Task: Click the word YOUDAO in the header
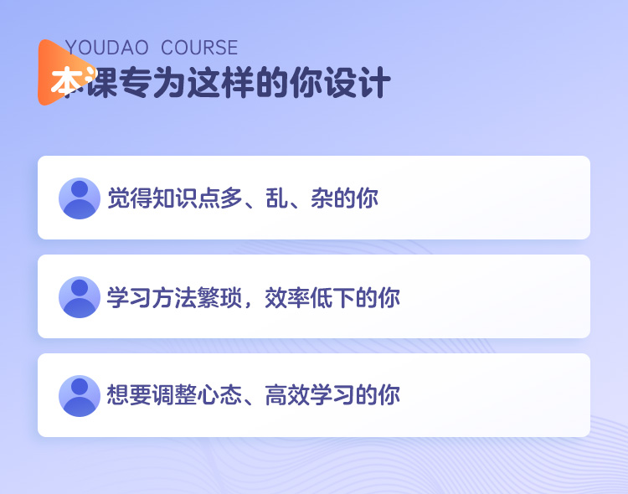pos(106,48)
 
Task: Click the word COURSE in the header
pos(199,48)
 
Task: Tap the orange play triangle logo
pos(64,73)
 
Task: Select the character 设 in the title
pos(340,83)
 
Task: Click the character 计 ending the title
pos(374,83)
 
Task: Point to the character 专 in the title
pos(136,83)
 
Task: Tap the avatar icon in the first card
pos(80,198)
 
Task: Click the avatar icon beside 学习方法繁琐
pos(80,297)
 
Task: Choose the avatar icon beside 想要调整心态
pos(80,396)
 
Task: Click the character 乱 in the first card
pos(277,198)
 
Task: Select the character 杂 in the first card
pos(322,198)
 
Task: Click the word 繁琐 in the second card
pos(220,297)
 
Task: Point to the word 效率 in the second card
pos(287,297)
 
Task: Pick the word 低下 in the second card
pos(332,297)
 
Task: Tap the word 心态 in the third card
pos(219,394)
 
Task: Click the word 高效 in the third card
pos(287,394)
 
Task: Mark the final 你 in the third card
pos(389,394)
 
